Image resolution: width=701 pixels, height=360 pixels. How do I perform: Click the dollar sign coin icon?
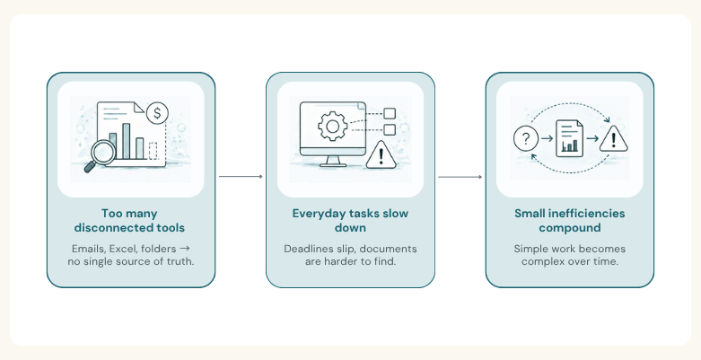click(x=157, y=113)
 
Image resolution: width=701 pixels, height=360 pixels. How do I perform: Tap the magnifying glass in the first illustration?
click(x=101, y=154)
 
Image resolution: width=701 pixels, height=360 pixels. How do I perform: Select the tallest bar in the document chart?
click(x=126, y=141)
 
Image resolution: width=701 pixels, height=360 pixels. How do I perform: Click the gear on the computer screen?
click(x=332, y=126)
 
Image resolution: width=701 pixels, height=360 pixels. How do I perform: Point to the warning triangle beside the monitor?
click(x=381, y=154)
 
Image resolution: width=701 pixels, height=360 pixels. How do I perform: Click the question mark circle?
click(x=526, y=138)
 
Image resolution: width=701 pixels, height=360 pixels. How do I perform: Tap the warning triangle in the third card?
click(x=613, y=139)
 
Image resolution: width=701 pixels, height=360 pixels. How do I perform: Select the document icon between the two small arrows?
click(x=569, y=138)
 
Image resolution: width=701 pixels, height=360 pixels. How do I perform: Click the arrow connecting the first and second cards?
click(x=241, y=176)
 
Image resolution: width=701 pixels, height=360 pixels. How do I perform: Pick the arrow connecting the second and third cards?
click(x=460, y=177)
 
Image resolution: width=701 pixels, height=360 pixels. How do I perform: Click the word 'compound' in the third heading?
click(x=570, y=228)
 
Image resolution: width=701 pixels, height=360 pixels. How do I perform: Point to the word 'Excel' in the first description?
click(x=123, y=249)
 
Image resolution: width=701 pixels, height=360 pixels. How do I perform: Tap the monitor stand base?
click(x=333, y=164)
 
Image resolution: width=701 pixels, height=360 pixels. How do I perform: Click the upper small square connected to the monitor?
click(x=390, y=114)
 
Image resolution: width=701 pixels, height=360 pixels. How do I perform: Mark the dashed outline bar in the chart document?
click(x=153, y=151)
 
